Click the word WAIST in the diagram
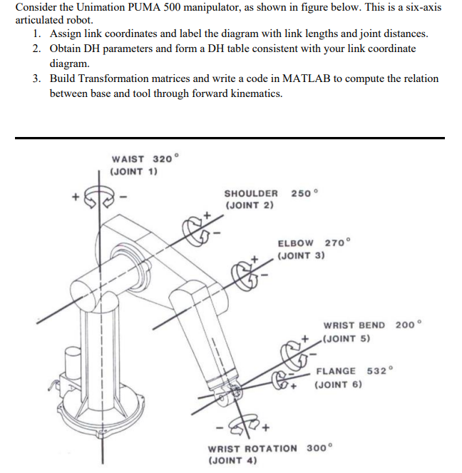coord(128,159)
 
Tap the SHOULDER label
coord(251,193)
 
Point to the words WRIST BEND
coord(354,325)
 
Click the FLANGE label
coord(336,371)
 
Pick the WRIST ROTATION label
coord(253,448)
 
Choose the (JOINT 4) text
coord(232,460)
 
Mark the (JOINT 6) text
coord(339,385)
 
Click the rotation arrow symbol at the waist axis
coord(99,195)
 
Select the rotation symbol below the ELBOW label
coord(249,272)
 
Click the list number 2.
coord(36,49)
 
